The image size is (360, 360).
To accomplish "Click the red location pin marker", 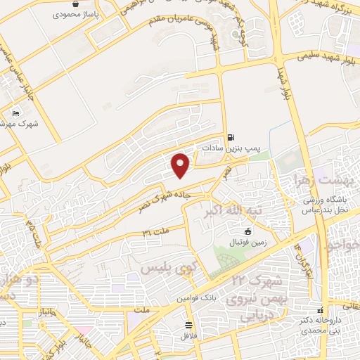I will pyautogui.click(x=181, y=165).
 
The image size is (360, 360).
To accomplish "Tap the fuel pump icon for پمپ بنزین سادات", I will pyautogui.click(x=231, y=137).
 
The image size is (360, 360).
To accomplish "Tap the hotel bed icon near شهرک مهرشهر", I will pyautogui.click(x=16, y=112).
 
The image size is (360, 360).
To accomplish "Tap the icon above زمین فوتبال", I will pyautogui.click(x=247, y=231).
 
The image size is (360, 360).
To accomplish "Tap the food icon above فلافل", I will pyautogui.click(x=188, y=324).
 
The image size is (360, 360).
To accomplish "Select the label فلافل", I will pyautogui.click(x=188, y=335).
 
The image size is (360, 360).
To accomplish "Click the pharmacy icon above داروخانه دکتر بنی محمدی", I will pyautogui.click(x=321, y=309).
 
